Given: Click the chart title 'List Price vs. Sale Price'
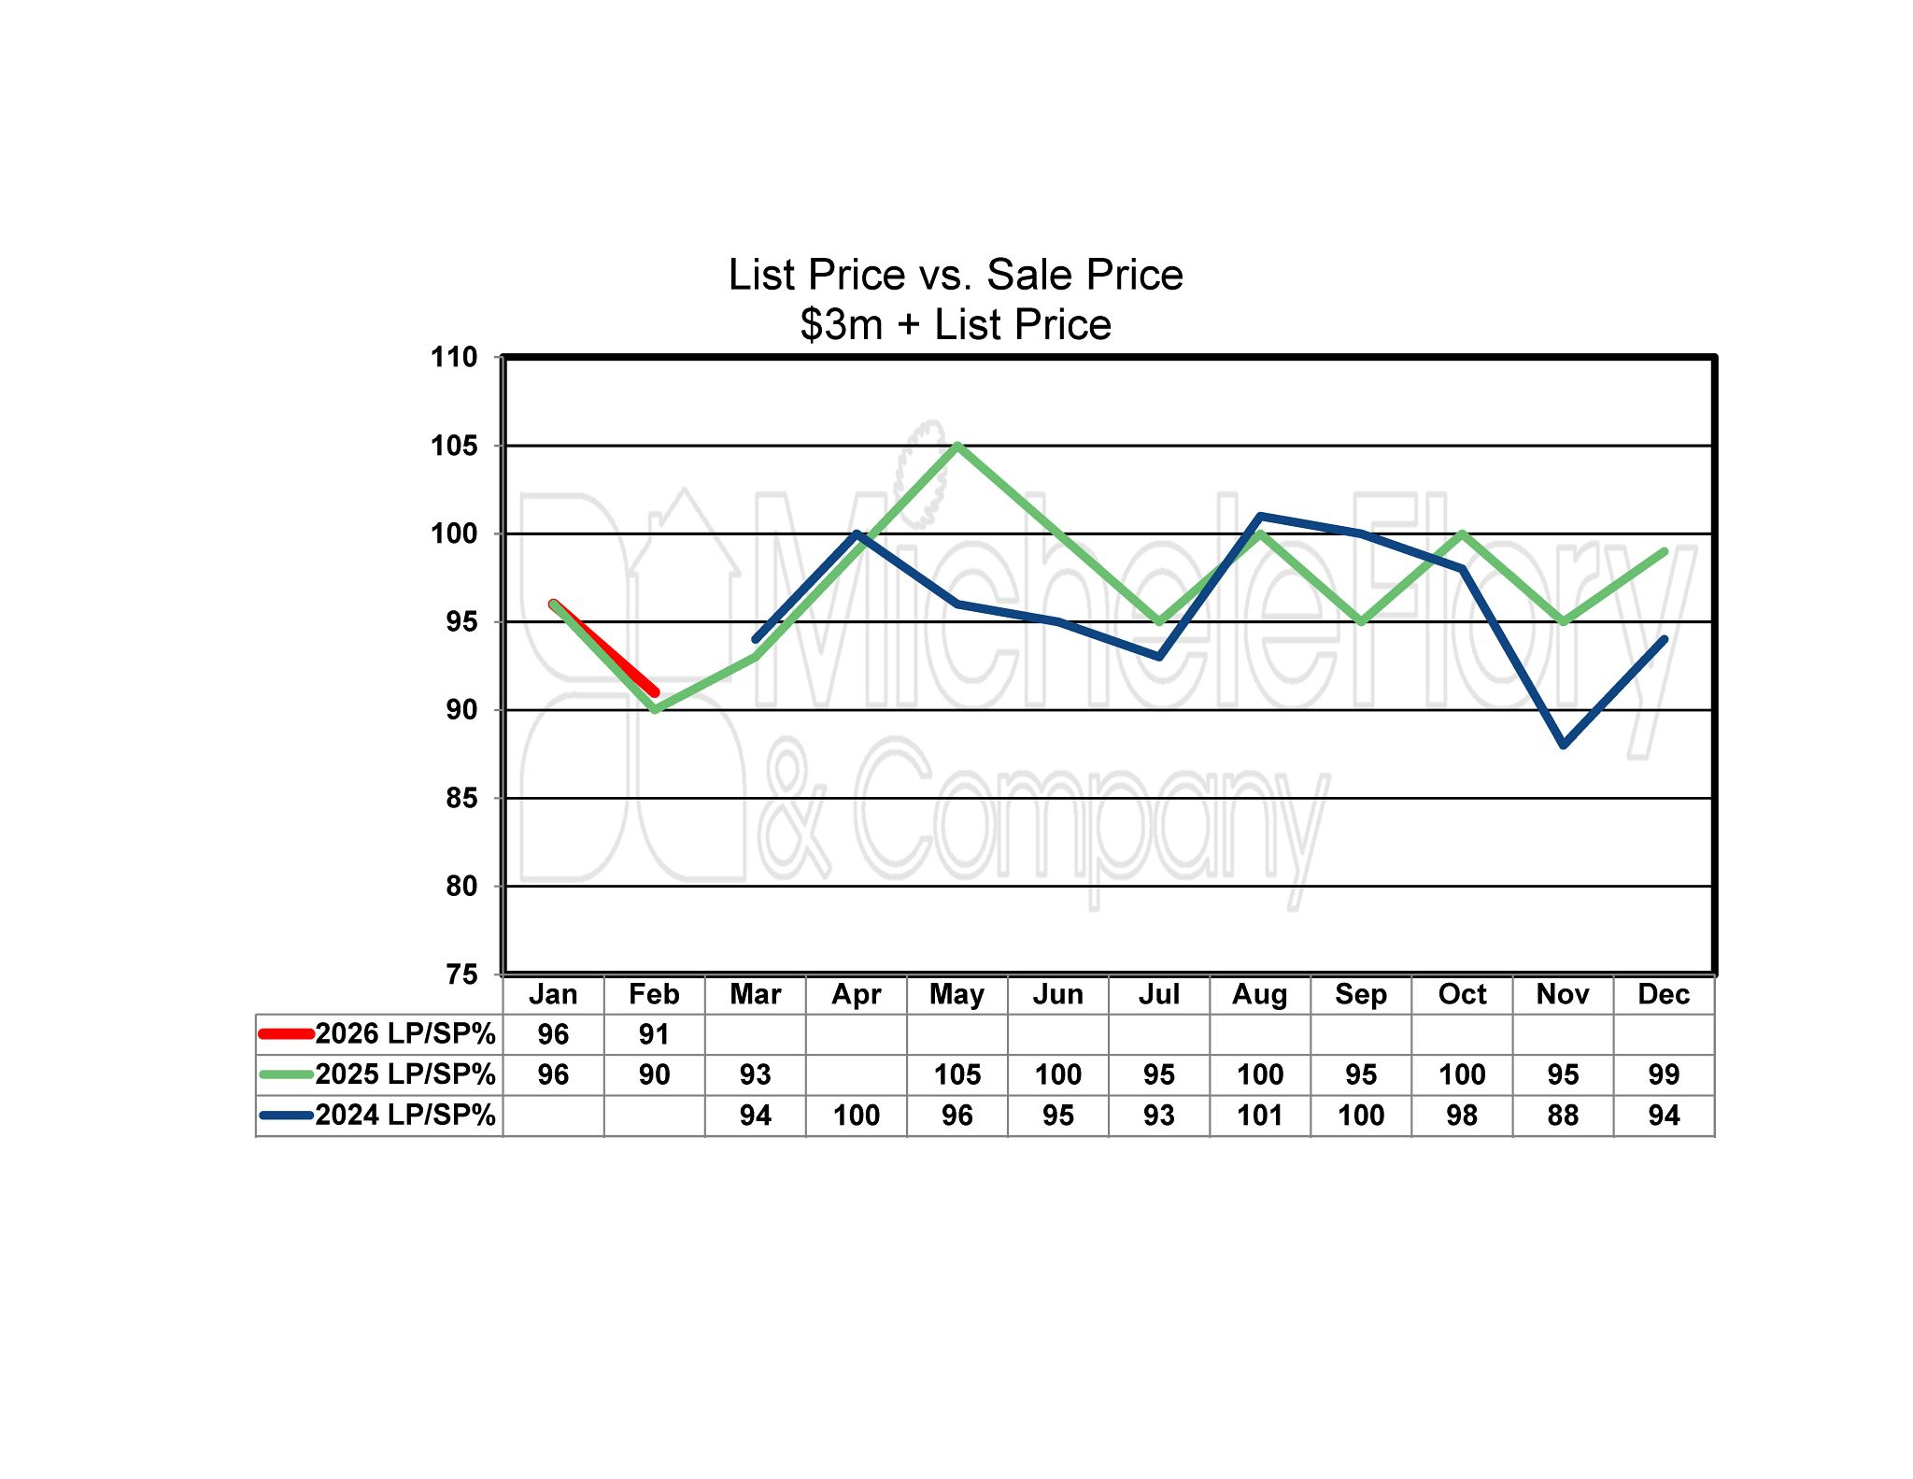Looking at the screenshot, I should (956, 275).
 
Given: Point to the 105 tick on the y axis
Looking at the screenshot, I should (454, 447).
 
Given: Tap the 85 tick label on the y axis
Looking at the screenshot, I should (461, 799).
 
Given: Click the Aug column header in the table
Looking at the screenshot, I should (1259, 994).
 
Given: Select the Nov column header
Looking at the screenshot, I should (1563, 994).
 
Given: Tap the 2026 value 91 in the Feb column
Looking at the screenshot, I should (654, 1034).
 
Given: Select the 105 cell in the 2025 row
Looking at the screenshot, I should (957, 1074).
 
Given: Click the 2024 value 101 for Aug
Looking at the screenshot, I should (1259, 1116).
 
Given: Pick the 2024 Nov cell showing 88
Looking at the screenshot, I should (1563, 1116).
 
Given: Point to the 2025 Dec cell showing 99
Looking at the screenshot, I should (1664, 1074).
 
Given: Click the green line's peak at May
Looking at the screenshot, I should (957, 446).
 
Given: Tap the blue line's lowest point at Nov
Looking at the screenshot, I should (1564, 745).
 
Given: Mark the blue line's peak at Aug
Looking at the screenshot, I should (1260, 516).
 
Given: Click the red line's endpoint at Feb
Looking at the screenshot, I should (655, 692).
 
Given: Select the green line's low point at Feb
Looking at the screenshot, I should (655, 710).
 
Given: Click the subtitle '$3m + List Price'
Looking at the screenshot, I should (956, 325).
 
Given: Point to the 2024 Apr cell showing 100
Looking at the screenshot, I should (857, 1116).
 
